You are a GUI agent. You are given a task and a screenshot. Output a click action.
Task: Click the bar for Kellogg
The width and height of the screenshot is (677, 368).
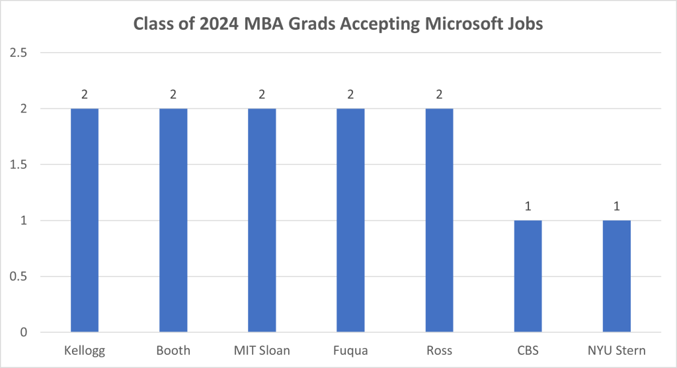[85, 220]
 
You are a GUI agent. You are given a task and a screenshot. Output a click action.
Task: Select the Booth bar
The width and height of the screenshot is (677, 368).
[173, 220]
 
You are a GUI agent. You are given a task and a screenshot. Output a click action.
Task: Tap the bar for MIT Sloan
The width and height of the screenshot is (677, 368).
[262, 220]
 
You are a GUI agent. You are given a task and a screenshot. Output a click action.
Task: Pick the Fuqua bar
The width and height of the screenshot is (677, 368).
[350, 220]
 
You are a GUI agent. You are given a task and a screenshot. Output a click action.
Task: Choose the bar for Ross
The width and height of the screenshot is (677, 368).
[439, 220]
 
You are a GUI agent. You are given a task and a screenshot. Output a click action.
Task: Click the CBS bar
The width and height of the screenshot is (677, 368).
[528, 276]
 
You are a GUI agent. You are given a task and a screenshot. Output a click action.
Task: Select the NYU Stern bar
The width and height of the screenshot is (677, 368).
[616, 276]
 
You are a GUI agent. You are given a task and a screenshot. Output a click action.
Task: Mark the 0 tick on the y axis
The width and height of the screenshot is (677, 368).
[24, 332]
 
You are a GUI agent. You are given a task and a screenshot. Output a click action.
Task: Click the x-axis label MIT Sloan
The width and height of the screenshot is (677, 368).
[262, 350]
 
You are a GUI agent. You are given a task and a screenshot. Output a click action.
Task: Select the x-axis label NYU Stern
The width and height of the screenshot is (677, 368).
[616, 350]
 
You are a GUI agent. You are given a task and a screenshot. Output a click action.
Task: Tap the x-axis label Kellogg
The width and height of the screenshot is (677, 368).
[85, 350]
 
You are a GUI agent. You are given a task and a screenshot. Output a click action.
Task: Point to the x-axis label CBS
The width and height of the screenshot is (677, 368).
[528, 350]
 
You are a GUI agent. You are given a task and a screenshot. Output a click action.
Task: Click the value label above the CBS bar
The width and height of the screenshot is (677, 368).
[528, 206]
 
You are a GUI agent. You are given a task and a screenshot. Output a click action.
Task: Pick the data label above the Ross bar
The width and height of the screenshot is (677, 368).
[439, 94]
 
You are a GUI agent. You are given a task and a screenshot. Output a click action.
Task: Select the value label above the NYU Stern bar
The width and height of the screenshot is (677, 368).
[616, 206]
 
